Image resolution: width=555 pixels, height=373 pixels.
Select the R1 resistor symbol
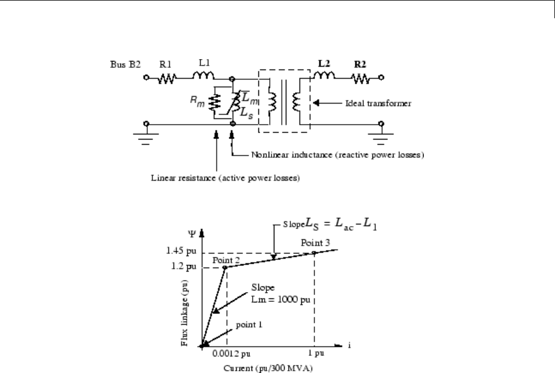click(166, 78)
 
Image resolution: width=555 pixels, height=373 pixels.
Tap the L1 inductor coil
click(204, 76)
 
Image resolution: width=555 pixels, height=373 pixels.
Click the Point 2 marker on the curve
click(225, 267)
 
